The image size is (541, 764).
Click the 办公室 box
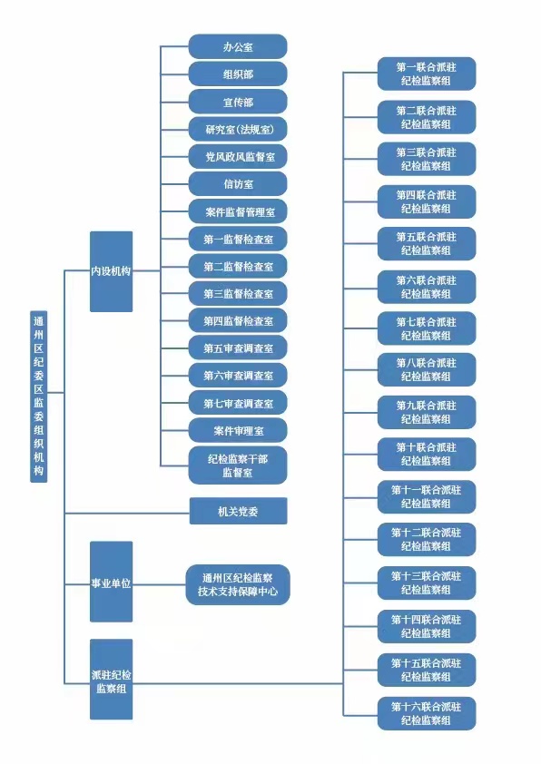[238, 47]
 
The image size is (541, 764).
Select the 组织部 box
[238, 74]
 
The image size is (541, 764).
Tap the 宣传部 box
[238, 102]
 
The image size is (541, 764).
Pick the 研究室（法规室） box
[238, 129]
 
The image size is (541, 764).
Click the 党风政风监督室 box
[238, 156]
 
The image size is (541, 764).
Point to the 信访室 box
[238, 183]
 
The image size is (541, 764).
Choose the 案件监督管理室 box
[238, 211]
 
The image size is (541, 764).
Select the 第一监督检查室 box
[238, 239]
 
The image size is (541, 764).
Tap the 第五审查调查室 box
[238, 348]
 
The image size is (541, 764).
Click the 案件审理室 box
[238, 430]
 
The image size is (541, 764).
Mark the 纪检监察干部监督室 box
[238, 465]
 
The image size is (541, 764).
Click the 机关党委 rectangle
[239, 511]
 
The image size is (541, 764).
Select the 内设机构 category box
[111, 271]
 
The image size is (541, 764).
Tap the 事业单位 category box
[111, 582]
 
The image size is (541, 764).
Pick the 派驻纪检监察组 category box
[111, 680]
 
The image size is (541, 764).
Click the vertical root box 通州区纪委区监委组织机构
[38, 397]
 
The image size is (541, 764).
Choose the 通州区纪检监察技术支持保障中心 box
[238, 584]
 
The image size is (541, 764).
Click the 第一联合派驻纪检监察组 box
[427, 73]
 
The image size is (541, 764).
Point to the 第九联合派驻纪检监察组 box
[427, 412]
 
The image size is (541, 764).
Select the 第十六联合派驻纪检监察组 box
[427, 713]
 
